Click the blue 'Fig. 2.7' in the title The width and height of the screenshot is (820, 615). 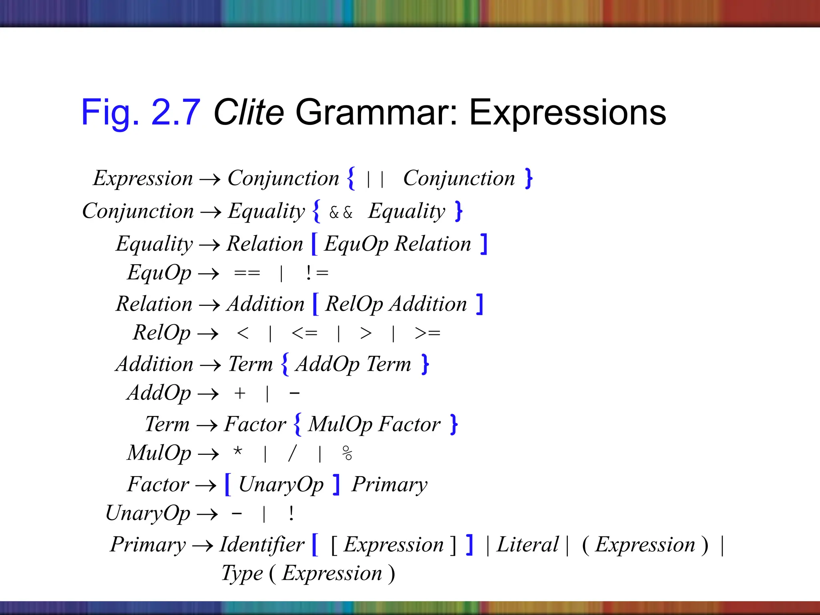(x=141, y=113)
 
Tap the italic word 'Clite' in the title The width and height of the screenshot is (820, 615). (x=249, y=113)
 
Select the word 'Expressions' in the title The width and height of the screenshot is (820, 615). (x=567, y=113)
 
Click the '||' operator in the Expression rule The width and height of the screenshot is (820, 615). (x=376, y=179)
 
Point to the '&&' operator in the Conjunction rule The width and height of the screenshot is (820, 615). (x=341, y=212)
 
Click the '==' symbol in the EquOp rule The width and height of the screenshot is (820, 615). (x=247, y=273)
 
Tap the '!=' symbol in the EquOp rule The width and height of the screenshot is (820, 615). (x=317, y=273)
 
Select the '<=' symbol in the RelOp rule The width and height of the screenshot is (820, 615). (x=305, y=333)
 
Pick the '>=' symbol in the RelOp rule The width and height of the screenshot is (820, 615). (x=428, y=333)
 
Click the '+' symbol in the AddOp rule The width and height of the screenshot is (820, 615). (x=240, y=393)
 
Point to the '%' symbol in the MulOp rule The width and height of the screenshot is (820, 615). (x=347, y=453)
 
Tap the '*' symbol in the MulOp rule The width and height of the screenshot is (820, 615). (x=238, y=452)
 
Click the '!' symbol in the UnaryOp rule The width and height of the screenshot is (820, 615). (x=291, y=513)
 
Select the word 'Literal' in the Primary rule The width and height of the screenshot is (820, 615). (x=527, y=545)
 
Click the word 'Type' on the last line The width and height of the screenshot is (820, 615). (x=242, y=573)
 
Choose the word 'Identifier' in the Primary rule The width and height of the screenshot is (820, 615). (x=262, y=545)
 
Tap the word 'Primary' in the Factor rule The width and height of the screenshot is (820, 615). (x=390, y=484)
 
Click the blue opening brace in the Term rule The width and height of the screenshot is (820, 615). (x=297, y=424)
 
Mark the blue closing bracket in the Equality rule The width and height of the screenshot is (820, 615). (x=484, y=244)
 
